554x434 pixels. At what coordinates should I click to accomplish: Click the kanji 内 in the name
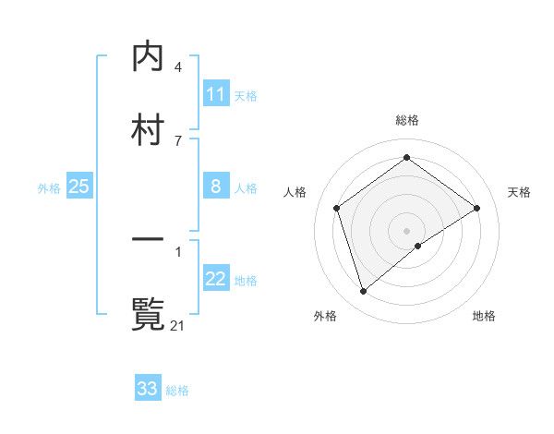click(149, 58)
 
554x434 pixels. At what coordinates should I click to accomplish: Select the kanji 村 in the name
click(149, 128)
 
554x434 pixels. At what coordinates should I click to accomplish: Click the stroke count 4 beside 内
click(178, 67)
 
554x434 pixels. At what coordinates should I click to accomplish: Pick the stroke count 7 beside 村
click(178, 140)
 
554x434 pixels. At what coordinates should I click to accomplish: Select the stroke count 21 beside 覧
click(178, 325)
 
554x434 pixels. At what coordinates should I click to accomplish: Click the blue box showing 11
click(216, 94)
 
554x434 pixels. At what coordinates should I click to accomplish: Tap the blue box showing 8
click(216, 187)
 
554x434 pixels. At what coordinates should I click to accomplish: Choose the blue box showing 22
click(216, 280)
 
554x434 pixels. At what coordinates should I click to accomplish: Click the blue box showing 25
click(79, 187)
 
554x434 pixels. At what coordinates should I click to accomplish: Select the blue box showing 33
click(148, 389)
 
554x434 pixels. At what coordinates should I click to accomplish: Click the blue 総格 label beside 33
click(177, 391)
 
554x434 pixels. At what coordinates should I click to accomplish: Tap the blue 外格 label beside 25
click(49, 188)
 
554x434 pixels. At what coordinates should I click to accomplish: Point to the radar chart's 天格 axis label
click(519, 192)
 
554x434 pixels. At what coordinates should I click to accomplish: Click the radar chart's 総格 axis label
click(407, 120)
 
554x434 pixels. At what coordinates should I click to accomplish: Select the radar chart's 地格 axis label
click(484, 316)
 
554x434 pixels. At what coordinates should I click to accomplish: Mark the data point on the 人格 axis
click(337, 208)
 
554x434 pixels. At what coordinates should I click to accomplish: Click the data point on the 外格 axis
click(364, 292)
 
